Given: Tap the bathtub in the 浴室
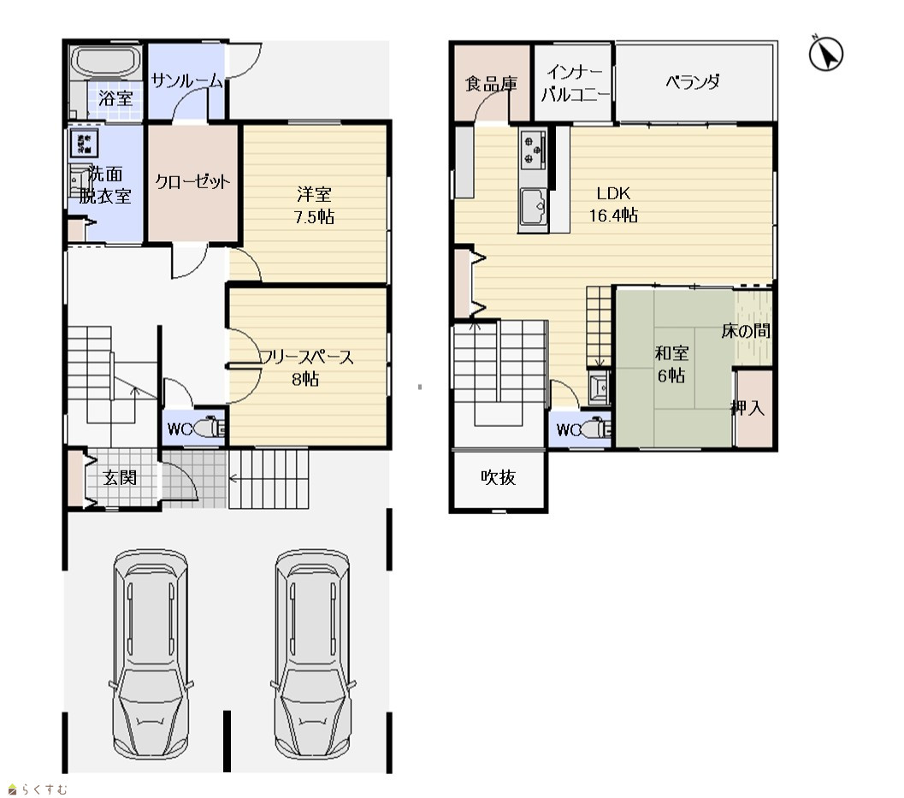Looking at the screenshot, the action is (106, 61).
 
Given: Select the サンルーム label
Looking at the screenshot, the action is (186, 81).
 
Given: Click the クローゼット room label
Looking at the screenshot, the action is (192, 182).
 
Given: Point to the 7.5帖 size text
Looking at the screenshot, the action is (314, 216).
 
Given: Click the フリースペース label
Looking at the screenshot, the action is (306, 358).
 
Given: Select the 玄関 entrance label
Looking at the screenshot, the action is (120, 477).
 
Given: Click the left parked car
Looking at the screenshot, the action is (151, 656).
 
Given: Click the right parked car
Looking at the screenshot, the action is (312, 656).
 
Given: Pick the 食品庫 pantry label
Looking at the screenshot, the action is (491, 84).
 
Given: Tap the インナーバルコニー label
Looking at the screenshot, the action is (574, 83).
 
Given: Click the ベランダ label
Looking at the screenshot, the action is (693, 82).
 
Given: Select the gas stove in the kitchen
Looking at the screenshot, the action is (534, 150).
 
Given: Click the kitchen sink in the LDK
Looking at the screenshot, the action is (534, 207).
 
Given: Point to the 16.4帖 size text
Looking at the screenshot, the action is (613, 216).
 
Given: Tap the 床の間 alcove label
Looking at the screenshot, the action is (746, 331).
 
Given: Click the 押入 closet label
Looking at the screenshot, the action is (747, 408).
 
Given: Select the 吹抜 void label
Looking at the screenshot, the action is (498, 477).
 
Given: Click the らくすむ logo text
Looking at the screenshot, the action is (46, 789).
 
